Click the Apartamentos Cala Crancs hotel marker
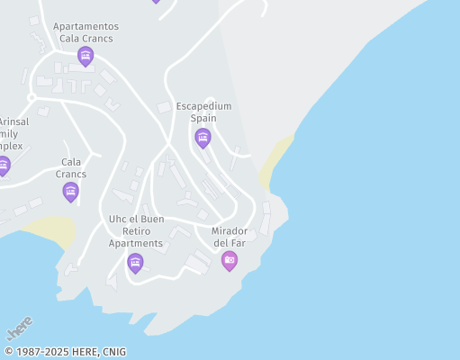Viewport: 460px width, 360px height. (86, 57)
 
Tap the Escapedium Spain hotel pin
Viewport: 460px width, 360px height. (203, 138)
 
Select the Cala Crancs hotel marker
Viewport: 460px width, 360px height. (71, 191)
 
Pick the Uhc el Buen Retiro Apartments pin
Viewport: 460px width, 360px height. (135, 262)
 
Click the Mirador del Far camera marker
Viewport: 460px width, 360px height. (230, 260)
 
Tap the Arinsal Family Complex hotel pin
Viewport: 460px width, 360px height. (4, 166)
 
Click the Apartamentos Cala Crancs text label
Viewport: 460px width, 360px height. (86, 32)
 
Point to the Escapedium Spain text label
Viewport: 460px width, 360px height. (203, 112)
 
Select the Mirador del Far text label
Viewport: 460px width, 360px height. (229, 237)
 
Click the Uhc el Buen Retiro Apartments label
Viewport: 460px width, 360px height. (136, 230)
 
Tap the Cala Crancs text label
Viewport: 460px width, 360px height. (71, 168)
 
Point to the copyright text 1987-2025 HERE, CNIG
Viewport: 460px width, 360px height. (65, 352)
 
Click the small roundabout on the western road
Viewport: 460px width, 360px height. (32, 96)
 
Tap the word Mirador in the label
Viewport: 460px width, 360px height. (229, 231)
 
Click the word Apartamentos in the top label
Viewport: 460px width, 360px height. (86, 27)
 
